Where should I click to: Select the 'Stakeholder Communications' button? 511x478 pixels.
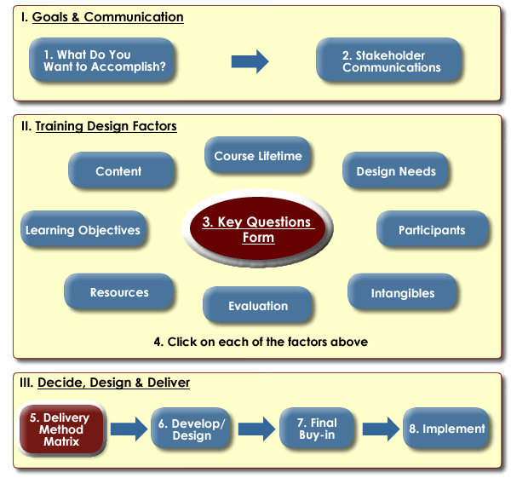(x=391, y=61)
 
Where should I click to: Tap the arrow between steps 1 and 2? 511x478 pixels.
(x=250, y=61)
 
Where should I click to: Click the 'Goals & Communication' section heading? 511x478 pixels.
(x=107, y=17)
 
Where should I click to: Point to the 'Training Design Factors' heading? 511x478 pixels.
(x=106, y=126)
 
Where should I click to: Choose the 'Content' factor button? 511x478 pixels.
(x=119, y=171)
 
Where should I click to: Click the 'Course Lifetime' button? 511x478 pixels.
(x=258, y=156)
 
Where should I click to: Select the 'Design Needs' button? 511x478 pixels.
(x=396, y=171)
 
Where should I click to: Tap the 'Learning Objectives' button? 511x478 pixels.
(x=83, y=230)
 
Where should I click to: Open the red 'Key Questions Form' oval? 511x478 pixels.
(x=257, y=229)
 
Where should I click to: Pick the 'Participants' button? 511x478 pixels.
(x=432, y=230)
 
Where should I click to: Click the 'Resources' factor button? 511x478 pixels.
(x=119, y=292)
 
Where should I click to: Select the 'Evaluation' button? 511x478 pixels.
(x=258, y=306)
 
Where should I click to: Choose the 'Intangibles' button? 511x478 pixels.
(x=403, y=293)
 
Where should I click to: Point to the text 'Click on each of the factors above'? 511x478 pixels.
(x=261, y=342)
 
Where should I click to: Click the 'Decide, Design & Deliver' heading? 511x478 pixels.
(x=113, y=383)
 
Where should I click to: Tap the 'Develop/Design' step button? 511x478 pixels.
(x=192, y=429)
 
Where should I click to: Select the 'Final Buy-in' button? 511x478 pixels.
(x=317, y=429)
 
